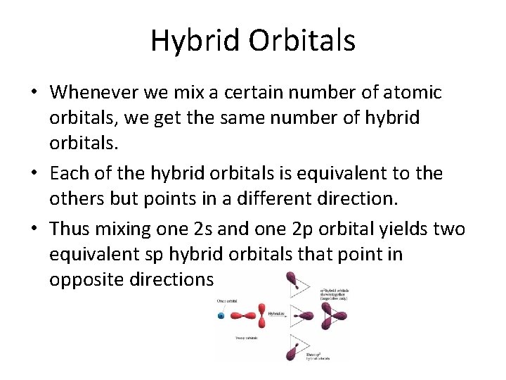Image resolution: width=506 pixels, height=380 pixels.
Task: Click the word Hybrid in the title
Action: [187, 41]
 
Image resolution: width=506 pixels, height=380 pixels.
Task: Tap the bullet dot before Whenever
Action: [34, 93]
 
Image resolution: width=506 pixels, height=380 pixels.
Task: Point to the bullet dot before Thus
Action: [34, 229]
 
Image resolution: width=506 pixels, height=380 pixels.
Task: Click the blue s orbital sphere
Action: [221, 316]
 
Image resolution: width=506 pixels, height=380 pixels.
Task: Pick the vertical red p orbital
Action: [262, 316]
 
